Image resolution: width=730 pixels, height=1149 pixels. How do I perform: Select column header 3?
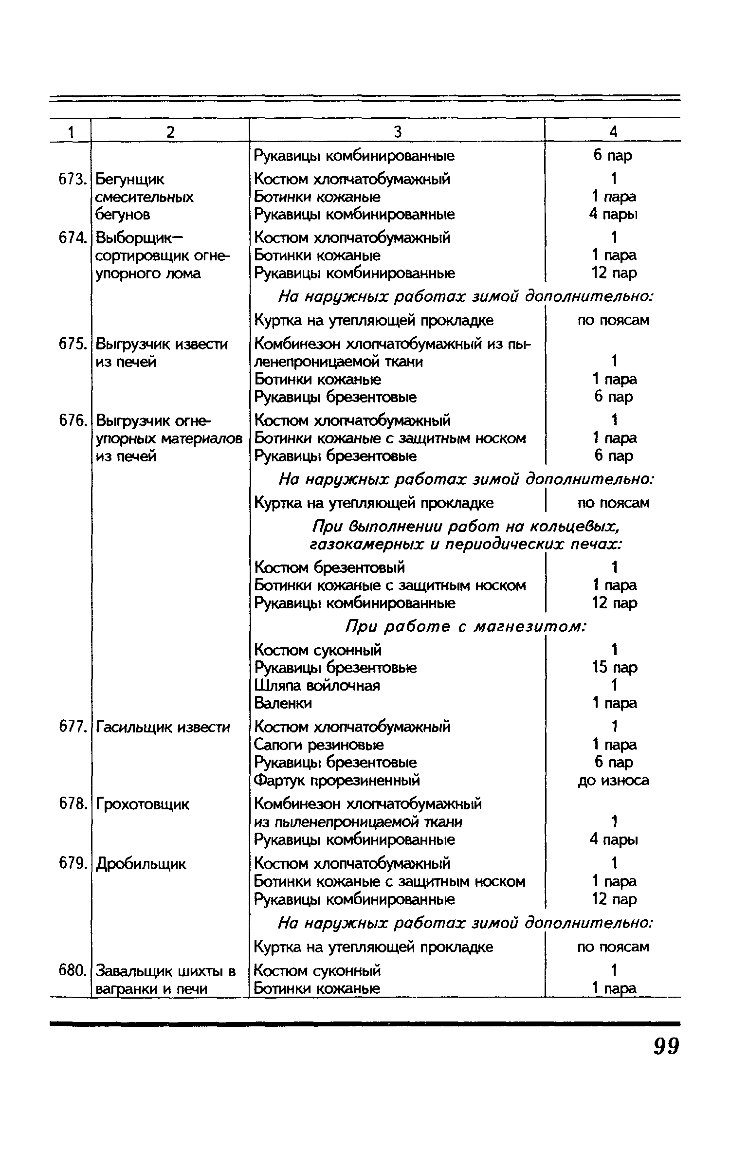click(x=397, y=132)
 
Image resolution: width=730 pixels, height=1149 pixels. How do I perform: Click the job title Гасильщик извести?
click(x=163, y=728)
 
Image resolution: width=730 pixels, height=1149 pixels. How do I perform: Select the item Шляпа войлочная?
click(x=317, y=686)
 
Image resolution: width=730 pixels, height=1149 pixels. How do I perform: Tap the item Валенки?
click(x=283, y=703)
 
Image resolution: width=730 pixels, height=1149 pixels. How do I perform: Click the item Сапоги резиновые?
click(x=319, y=745)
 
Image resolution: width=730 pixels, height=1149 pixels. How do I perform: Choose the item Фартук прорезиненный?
click(x=337, y=781)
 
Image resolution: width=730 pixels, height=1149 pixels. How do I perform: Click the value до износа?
click(x=613, y=781)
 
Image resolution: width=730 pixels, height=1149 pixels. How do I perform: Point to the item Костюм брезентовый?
click(x=329, y=567)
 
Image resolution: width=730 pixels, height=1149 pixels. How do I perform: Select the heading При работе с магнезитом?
click(x=466, y=627)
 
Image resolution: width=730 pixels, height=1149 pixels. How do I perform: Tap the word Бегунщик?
click(x=130, y=180)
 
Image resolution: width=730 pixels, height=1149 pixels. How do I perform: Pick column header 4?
click(x=613, y=132)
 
